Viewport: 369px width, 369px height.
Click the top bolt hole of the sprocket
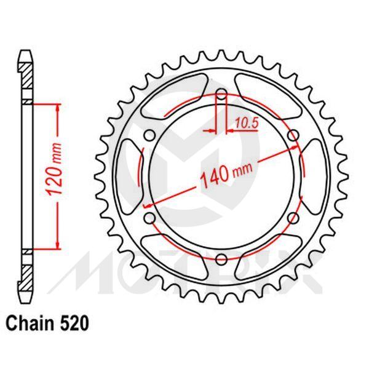click(x=221, y=95)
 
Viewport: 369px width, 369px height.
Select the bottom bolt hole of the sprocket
click(x=221, y=258)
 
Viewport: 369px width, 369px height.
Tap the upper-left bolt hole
click(x=149, y=136)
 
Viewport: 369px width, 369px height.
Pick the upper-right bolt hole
click(x=293, y=136)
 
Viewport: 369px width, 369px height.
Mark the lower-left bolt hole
click(x=149, y=218)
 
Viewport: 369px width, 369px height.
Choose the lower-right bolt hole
click(x=293, y=218)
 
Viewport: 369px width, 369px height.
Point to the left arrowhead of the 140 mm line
click(x=148, y=204)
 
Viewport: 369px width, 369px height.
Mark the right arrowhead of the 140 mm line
click(x=296, y=148)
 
